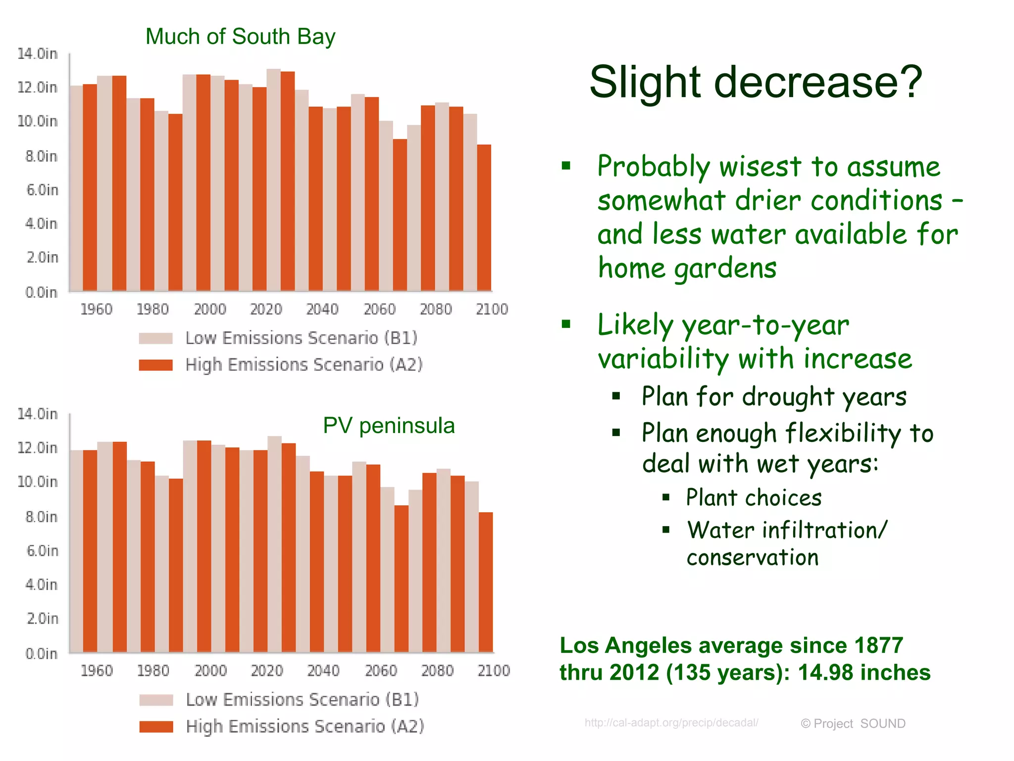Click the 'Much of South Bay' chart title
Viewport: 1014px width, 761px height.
tap(240, 37)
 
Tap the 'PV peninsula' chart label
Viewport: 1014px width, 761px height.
tap(389, 426)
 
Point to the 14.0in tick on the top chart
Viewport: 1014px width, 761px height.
tap(38, 54)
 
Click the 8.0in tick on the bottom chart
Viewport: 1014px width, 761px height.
tap(42, 517)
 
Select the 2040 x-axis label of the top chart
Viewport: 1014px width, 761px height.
tap(322, 309)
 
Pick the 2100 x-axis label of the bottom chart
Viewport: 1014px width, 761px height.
tap(494, 670)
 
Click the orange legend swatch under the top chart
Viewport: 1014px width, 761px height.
tap(156, 365)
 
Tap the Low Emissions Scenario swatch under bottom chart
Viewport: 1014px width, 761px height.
tap(156, 700)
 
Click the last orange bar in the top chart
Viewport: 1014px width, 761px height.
tap(484, 218)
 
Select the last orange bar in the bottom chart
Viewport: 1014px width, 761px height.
tap(486, 582)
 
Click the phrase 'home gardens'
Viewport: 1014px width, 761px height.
tap(687, 269)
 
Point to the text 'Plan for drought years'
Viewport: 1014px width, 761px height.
tap(774, 396)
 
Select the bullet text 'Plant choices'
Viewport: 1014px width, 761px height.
tap(754, 497)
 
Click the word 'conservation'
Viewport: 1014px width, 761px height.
tap(753, 557)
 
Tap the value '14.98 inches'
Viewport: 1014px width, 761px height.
tap(864, 672)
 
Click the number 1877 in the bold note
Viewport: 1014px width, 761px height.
tap(879, 646)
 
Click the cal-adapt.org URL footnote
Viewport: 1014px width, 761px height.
tap(671, 722)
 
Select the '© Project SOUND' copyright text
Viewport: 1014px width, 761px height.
tap(853, 724)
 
